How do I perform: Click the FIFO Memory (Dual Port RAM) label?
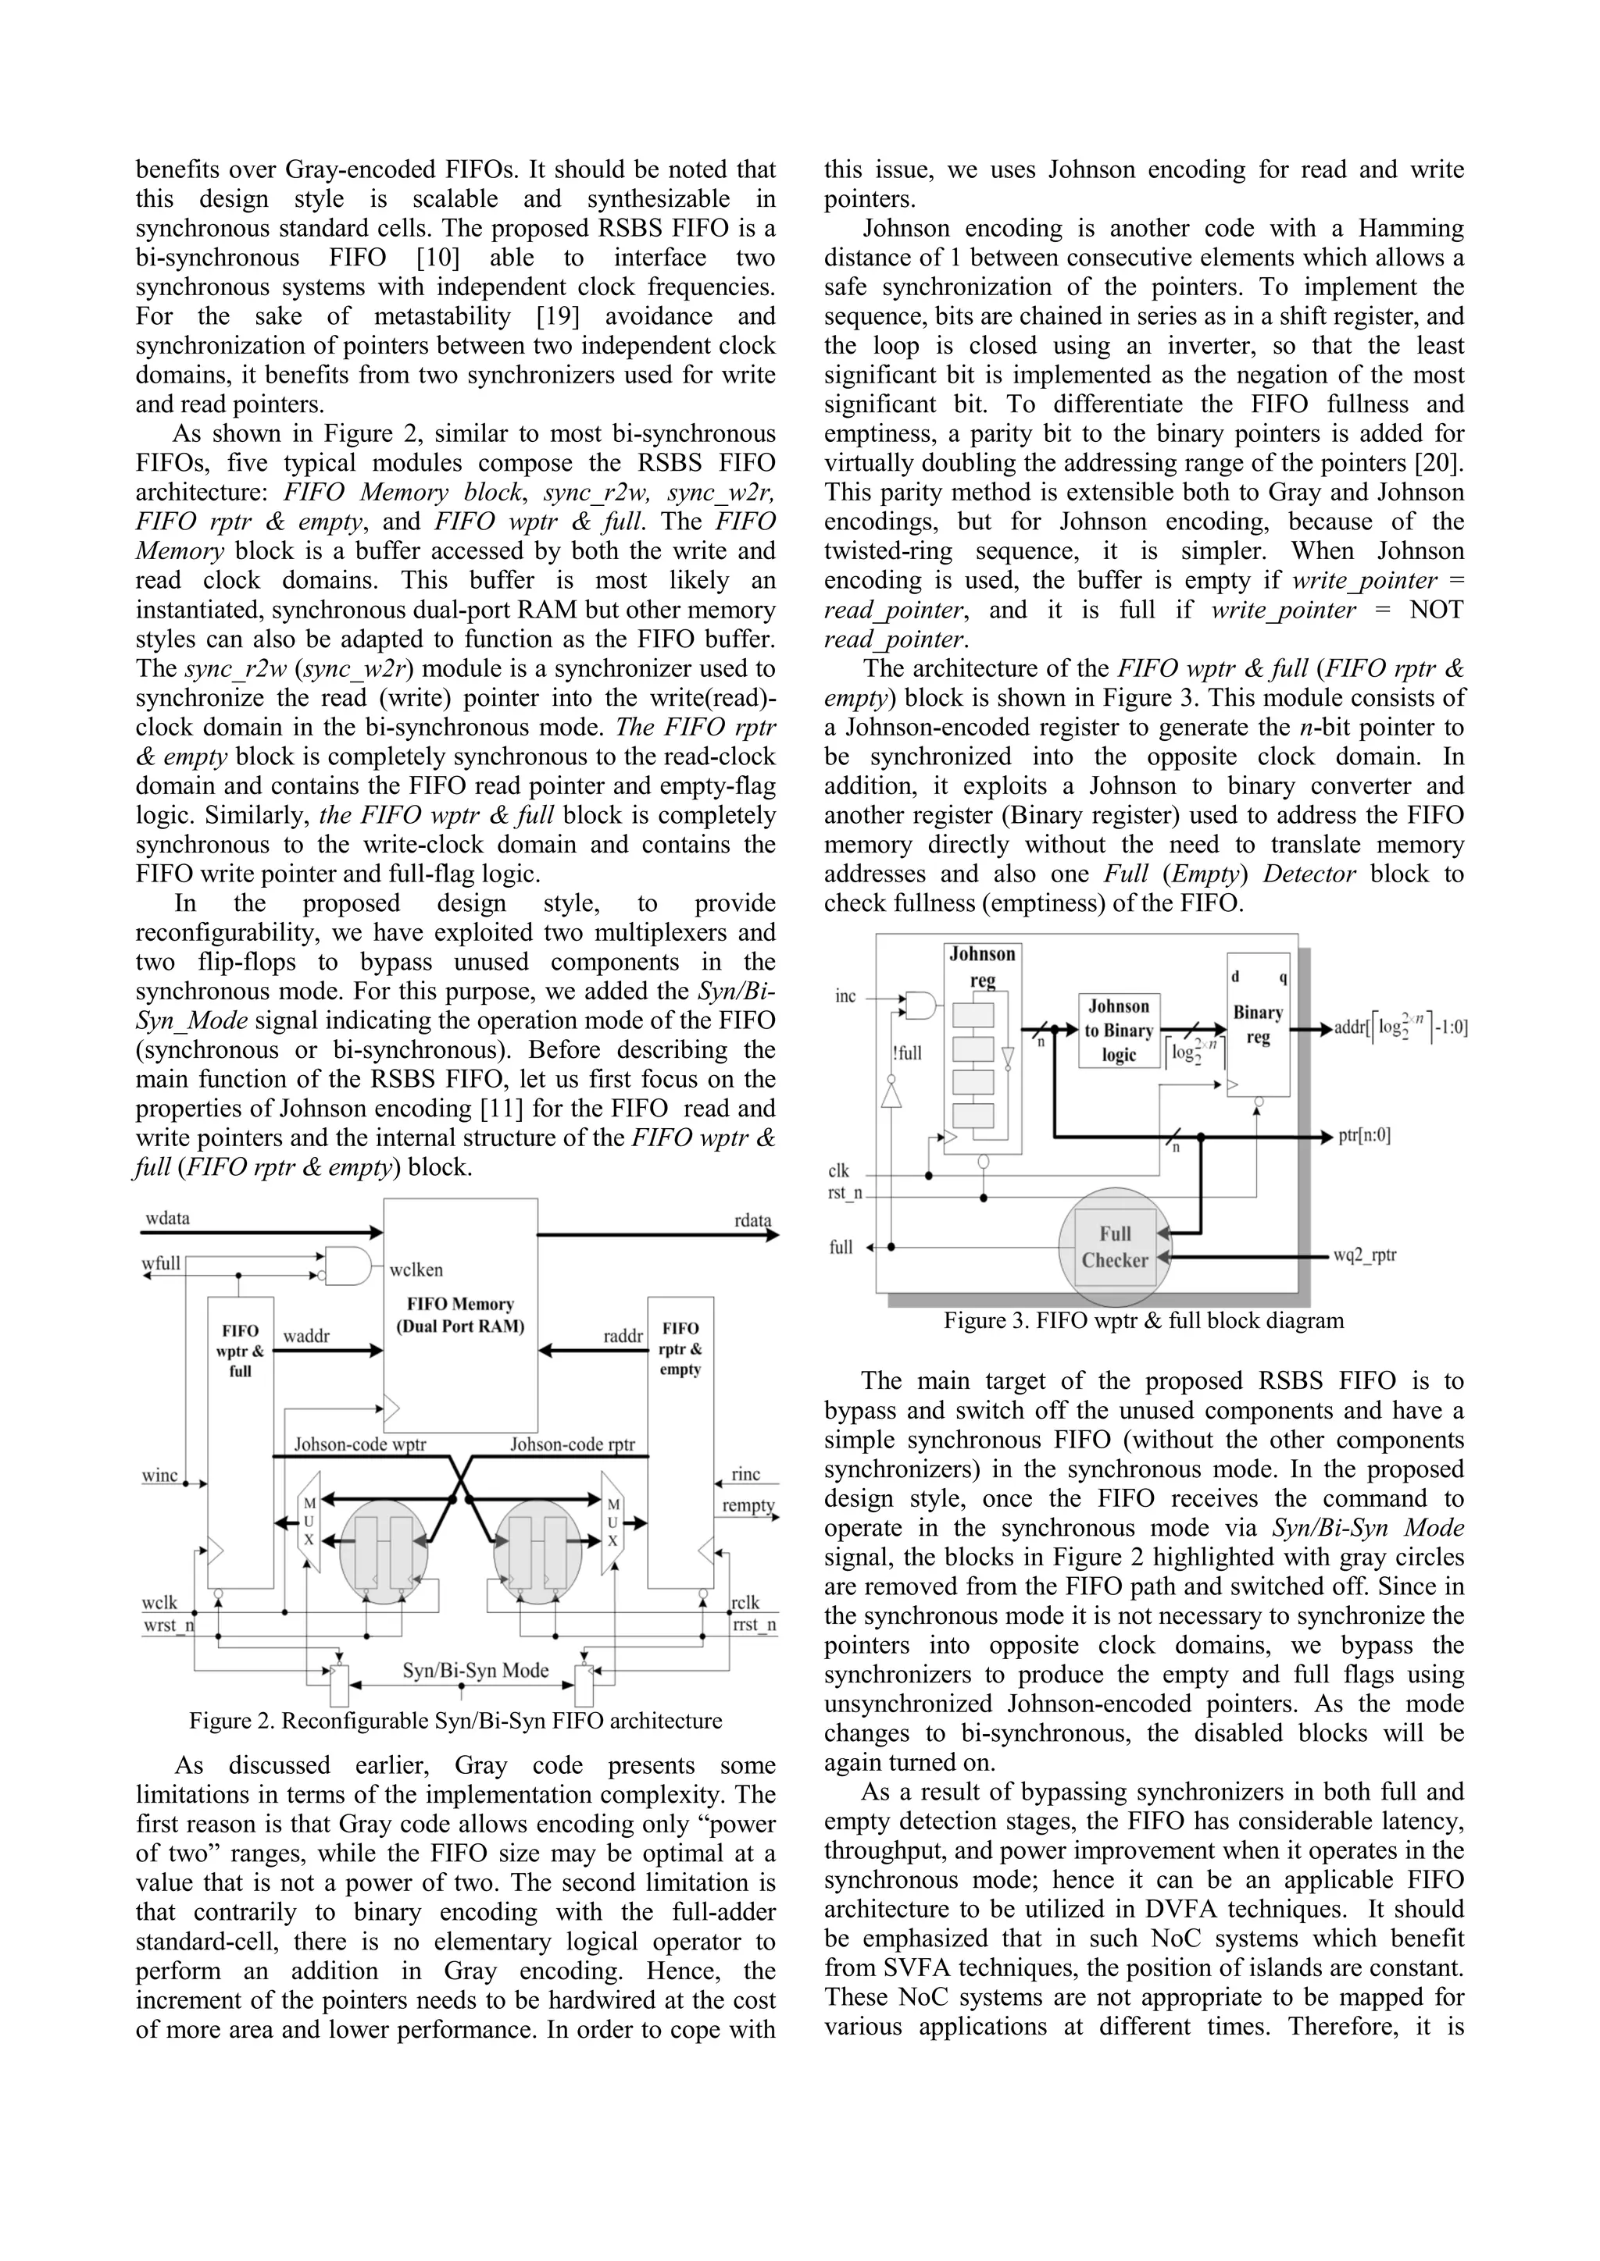[x=460, y=1315]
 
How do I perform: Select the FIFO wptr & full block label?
[x=239, y=1350]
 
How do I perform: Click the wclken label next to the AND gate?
[x=416, y=1270]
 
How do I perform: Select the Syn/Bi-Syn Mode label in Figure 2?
[x=475, y=1670]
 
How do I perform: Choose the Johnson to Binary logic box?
[x=1120, y=1030]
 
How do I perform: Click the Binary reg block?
[x=1257, y=1024]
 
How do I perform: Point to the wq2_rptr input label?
[x=1365, y=1255]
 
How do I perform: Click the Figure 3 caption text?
[x=1143, y=1320]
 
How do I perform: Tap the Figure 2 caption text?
[x=455, y=1721]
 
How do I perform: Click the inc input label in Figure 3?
[x=845, y=995]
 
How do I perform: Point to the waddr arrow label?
[x=305, y=1337]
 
